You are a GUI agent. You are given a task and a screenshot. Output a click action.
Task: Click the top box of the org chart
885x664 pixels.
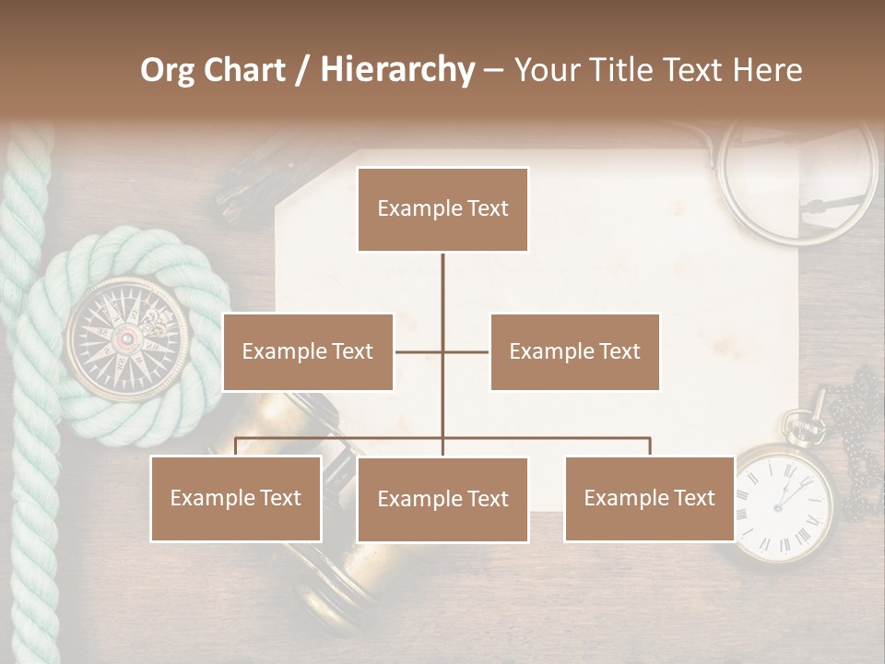[x=442, y=209]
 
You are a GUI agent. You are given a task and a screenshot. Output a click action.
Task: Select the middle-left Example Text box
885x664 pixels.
[x=308, y=351]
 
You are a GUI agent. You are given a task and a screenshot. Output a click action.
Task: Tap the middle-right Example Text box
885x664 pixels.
[x=574, y=351]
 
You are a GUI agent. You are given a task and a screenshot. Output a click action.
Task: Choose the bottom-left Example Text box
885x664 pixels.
[x=236, y=498]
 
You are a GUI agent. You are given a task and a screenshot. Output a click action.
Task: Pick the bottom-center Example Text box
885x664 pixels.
[x=442, y=499]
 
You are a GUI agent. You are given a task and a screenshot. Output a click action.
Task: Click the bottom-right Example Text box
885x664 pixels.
[x=649, y=498]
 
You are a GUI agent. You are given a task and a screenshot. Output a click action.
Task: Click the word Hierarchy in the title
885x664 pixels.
[x=396, y=70]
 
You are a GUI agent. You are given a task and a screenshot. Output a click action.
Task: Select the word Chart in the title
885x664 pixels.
[x=248, y=70]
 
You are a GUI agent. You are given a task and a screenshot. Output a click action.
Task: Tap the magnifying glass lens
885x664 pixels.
[x=798, y=181]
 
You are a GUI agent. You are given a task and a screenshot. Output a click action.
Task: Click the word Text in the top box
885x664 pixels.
[x=488, y=208]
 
